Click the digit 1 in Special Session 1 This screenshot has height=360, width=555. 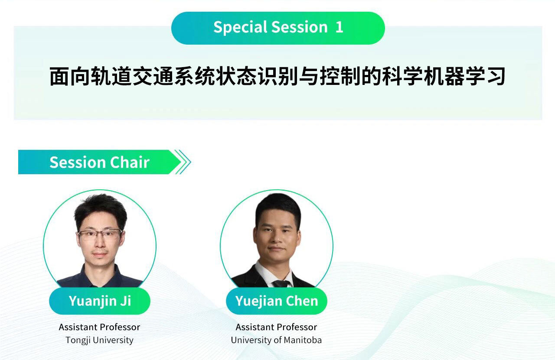[x=339, y=27]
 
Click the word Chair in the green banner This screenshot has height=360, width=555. [x=130, y=162]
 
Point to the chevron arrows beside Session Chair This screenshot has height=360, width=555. [x=183, y=162]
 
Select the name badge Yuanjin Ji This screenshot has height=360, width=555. [x=100, y=301]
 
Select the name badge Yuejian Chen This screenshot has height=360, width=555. [x=277, y=301]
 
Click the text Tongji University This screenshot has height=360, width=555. [x=100, y=340]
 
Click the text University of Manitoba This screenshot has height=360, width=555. [x=276, y=340]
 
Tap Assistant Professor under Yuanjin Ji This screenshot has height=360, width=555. [x=99, y=327]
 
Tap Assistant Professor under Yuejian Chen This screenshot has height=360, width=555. [x=276, y=327]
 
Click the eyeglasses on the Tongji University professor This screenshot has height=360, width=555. [x=100, y=234]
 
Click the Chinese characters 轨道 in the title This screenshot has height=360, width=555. [x=111, y=76]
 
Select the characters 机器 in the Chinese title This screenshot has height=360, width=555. [x=444, y=76]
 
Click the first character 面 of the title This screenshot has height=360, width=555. [x=59, y=76]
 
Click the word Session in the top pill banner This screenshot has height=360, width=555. [x=300, y=27]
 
